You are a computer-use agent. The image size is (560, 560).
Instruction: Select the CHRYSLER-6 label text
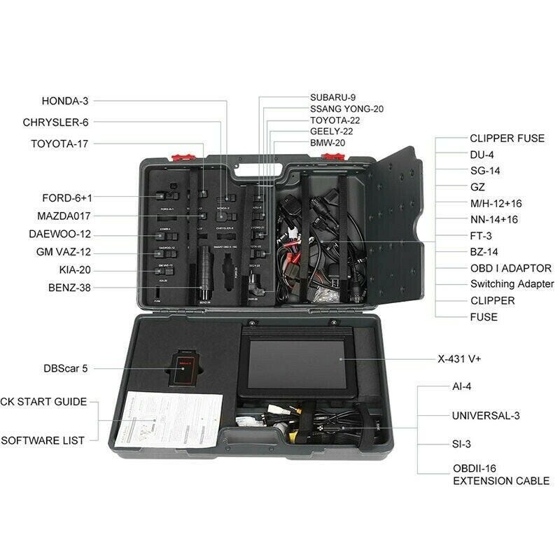point(56,122)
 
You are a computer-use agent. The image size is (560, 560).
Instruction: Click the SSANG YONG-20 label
point(347,108)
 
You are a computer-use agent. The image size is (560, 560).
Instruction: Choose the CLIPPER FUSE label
point(497,138)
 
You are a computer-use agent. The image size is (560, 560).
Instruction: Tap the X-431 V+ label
point(479,359)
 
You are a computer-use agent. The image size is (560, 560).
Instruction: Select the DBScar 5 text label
point(65,367)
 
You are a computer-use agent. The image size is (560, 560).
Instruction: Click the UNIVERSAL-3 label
point(486,415)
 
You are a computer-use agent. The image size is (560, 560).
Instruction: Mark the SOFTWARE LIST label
point(43,440)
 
